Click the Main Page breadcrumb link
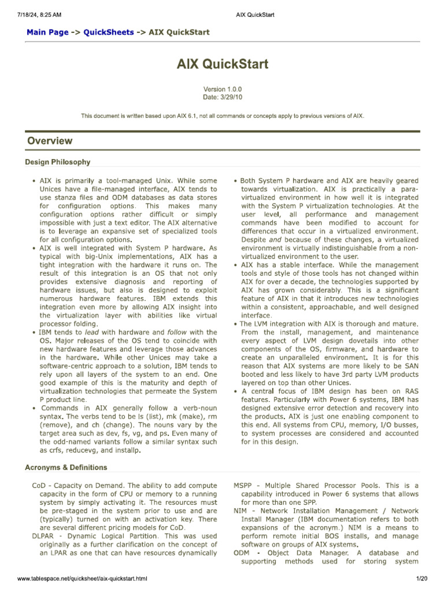(47, 32)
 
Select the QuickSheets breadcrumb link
(109, 32)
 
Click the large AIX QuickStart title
(222, 64)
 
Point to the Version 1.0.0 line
(222, 90)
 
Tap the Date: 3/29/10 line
(222, 97)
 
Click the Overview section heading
(50, 140)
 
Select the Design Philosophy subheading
(58, 162)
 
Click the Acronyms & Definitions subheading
(66, 467)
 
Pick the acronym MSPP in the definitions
(243, 486)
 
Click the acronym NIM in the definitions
(240, 510)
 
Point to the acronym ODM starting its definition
(242, 553)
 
